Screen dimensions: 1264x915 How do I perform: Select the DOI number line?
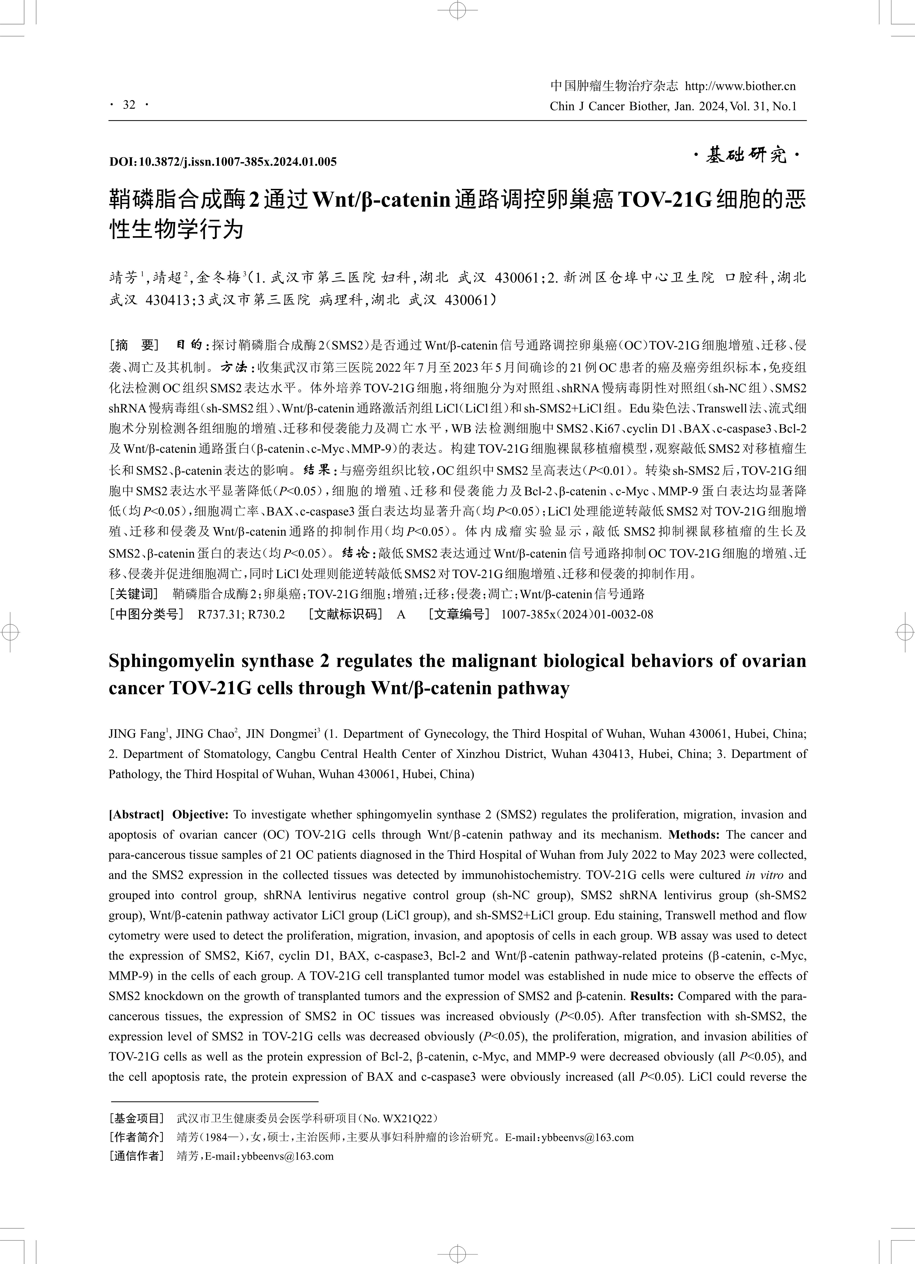coord(223,162)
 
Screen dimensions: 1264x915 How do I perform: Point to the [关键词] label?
coord(134,594)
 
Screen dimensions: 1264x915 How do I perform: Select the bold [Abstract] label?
coord(136,815)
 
